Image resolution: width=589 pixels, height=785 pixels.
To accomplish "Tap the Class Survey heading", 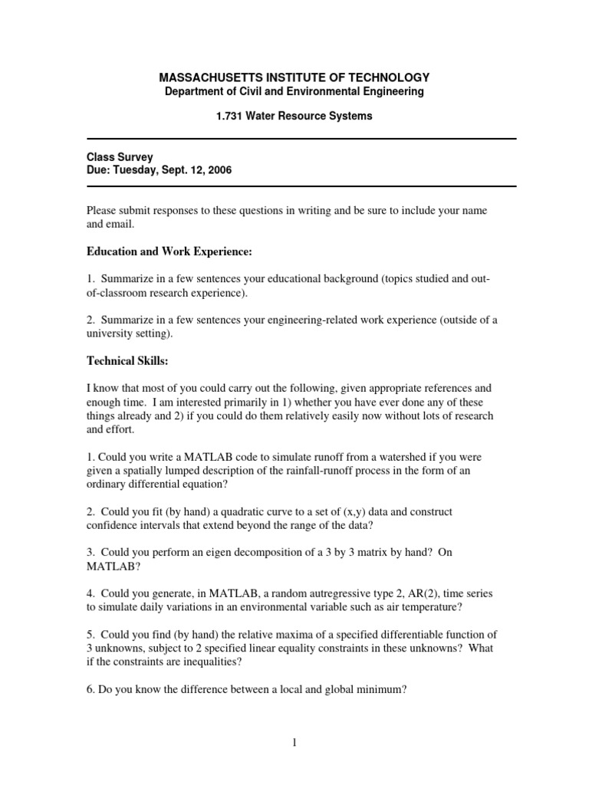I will point(119,157).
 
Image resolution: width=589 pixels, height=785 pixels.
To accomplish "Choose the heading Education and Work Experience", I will point(169,252).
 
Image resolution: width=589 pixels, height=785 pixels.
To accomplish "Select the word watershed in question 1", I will point(389,457).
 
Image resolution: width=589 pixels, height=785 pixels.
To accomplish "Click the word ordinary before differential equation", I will point(107,484).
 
